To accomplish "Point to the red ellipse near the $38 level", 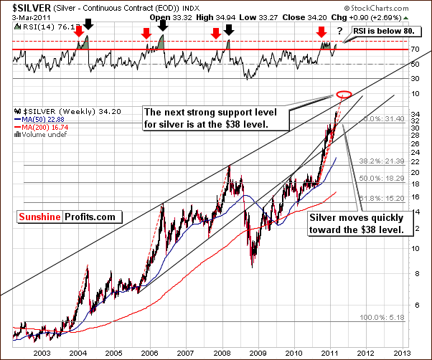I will (344, 94).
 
